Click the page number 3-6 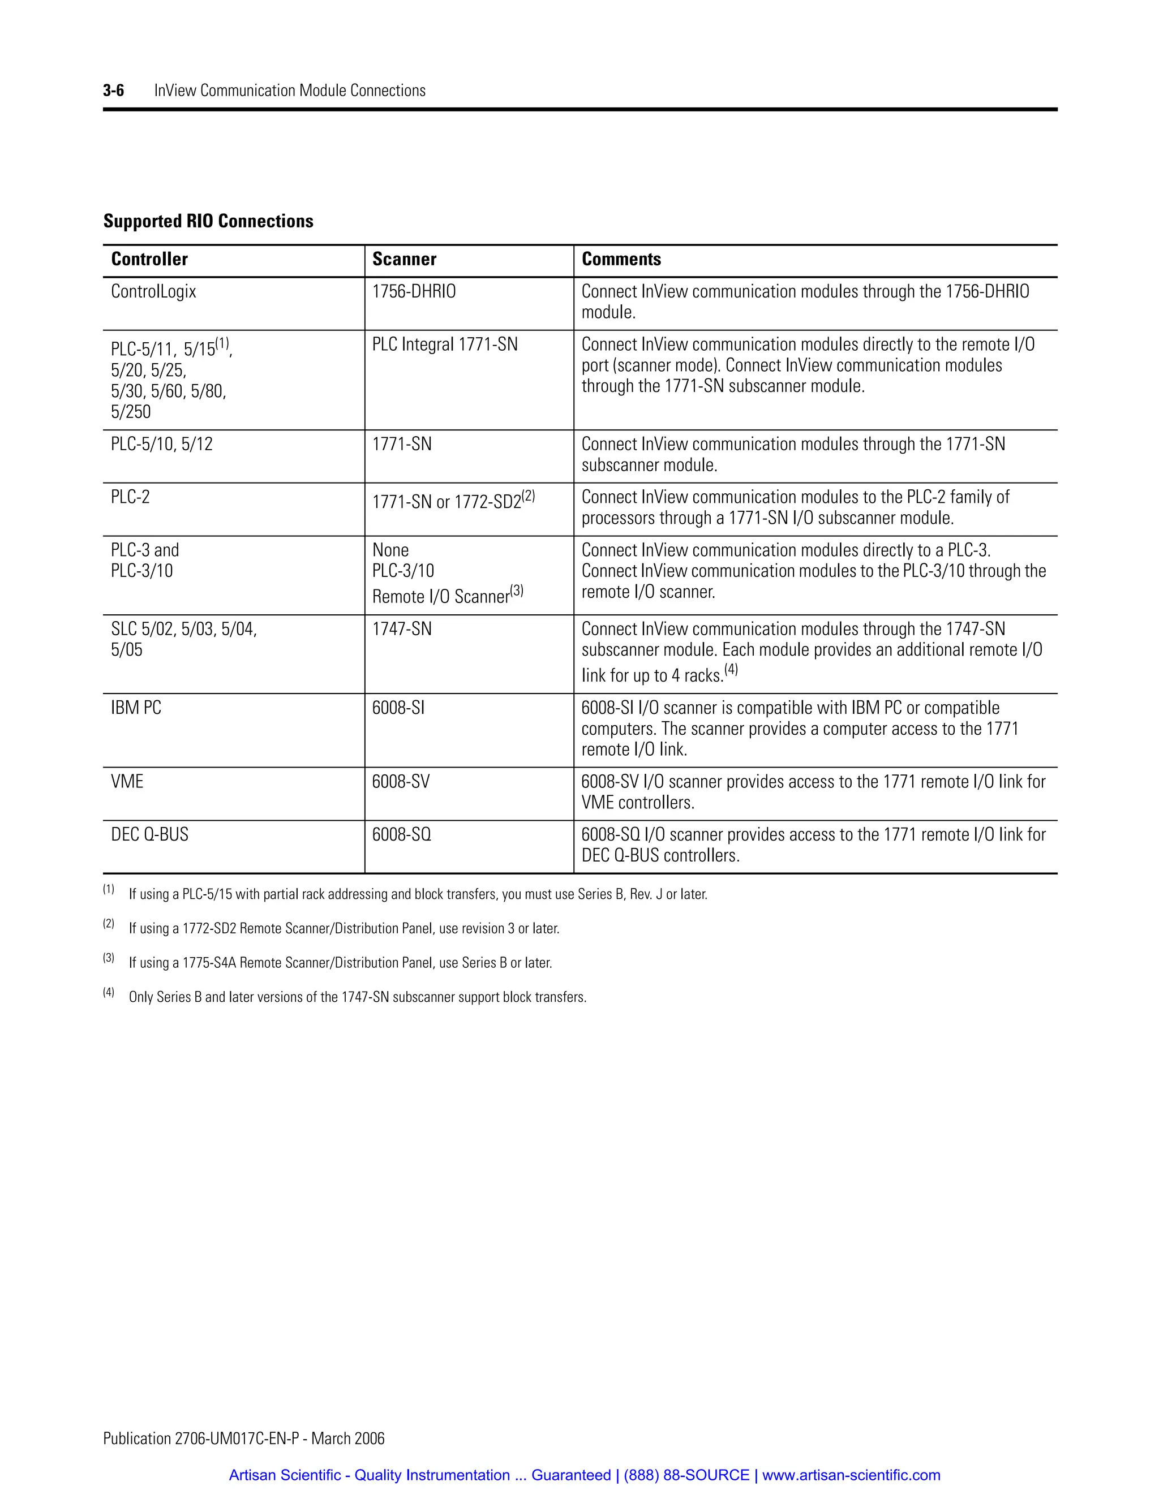pos(113,91)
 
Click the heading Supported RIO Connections pos(208,221)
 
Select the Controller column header pos(149,260)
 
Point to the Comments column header pos(621,260)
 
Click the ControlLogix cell pos(154,292)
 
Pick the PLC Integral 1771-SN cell pos(444,344)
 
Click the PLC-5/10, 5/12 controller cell pos(161,444)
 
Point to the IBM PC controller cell pos(136,708)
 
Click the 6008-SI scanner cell pos(398,708)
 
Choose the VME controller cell pos(127,782)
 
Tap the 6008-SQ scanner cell pos(402,834)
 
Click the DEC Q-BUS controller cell pos(149,834)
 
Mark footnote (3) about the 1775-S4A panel pos(340,963)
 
